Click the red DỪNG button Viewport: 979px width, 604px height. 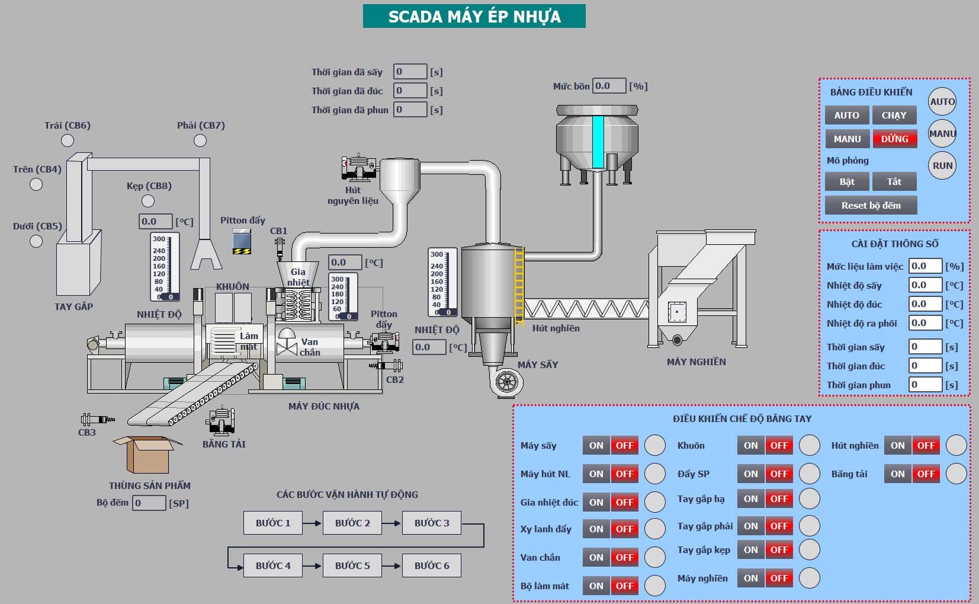pyautogui.click(x=895, y=139)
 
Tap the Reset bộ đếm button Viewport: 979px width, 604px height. pyautogui.click(x=871, y=206)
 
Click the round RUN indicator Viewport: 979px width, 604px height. pyautogui.click(x=942, y=166)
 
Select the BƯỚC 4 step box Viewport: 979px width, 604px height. pyautogui.click(x=272, y=565)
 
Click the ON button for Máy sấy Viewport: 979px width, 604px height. pyautogui.click(x=596, y=445)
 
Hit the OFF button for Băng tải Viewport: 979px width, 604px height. pyautogui.click(x=926, y=474)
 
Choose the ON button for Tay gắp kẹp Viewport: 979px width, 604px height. pyautogui.click(x=751, y=550)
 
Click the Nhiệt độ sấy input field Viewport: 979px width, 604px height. pyautogui.click(x=925, y=285)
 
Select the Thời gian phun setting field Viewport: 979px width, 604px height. pyautogui.click(x=925, y=385)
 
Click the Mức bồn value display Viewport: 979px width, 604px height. pyautogui.click(x=609, y=86)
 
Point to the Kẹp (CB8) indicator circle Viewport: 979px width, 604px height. pyautogui.click(x=148, y=201)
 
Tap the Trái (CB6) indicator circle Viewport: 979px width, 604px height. pyautogui.click(x=68, y=141)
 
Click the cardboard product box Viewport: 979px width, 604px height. pyautogui.click(x=147, y=455)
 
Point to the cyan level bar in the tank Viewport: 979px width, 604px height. pyautogui.click(x=598, y=142)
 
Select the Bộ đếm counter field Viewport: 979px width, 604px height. pyautogui.click(x=149, y=503)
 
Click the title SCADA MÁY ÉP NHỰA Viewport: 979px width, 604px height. pyautogui.click(x=474, y=17)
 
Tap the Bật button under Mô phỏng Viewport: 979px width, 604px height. pyautogui.click(x=847, y=181)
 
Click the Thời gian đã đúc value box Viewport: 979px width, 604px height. pyautogui.click(x=410, y=91)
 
